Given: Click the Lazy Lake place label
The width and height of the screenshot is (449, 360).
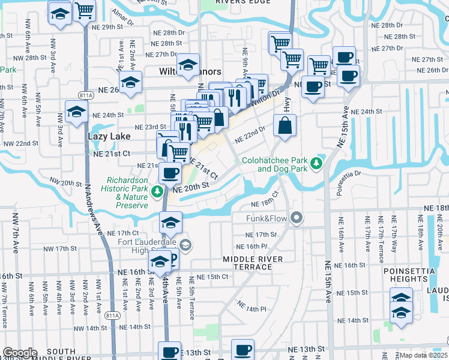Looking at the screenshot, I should click(109, 136).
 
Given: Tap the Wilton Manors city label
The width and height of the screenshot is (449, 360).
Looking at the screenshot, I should click(181, 71).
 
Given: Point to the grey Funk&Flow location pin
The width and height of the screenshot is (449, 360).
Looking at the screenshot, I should click(296, 217).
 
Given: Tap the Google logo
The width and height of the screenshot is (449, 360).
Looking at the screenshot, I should click(19, 353).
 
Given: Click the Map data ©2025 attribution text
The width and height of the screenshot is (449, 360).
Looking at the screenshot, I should click(423, 355).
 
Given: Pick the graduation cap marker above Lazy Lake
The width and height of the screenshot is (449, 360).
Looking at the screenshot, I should click(77, 112).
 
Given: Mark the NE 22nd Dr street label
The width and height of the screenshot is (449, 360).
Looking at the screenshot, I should click(250, 134).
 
